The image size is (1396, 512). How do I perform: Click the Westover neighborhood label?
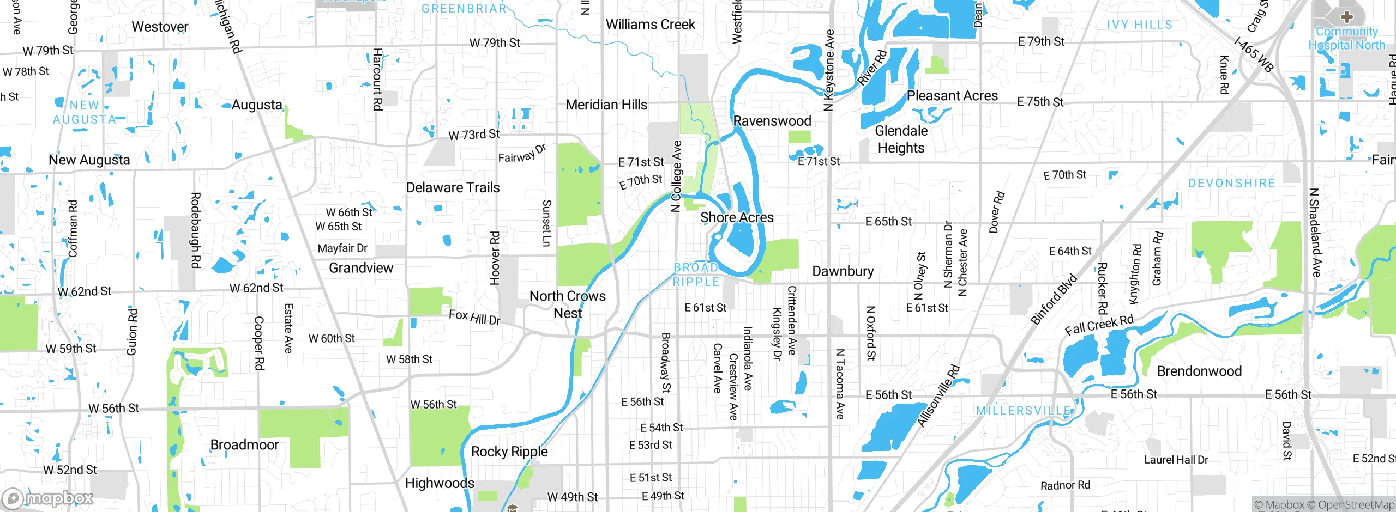coord(160,27)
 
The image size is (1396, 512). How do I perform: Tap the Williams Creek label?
coord(651,25)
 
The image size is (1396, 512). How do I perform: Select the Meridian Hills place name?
coord(606,105)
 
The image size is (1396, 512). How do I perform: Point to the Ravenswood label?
coord(772,121)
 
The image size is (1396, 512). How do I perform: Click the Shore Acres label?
coord(737,217)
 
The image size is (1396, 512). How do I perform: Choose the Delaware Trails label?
coord(453,187)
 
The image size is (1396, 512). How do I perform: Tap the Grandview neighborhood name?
coord(361,268)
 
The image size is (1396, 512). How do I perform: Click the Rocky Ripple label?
coord(509,452)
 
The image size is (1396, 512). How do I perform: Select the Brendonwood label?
coord(1199,371)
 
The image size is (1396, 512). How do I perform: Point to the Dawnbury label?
coord(843,271)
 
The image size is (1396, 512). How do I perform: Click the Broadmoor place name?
coord(244,445)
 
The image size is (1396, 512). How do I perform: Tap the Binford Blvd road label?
coord(1054,300)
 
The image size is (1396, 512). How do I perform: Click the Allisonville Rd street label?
coord(938,396)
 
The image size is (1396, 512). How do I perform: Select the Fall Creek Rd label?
coord(1099,325)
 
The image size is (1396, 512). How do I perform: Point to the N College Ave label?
coord(676,176)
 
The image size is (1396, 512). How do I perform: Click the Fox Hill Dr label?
coord(474,317)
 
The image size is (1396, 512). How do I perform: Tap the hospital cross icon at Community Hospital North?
coord(1346,16)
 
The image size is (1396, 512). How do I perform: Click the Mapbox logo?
coord(48,498)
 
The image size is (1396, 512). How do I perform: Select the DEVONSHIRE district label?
coord(1231,183)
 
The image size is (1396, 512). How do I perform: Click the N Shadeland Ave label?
coord(1315,233)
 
